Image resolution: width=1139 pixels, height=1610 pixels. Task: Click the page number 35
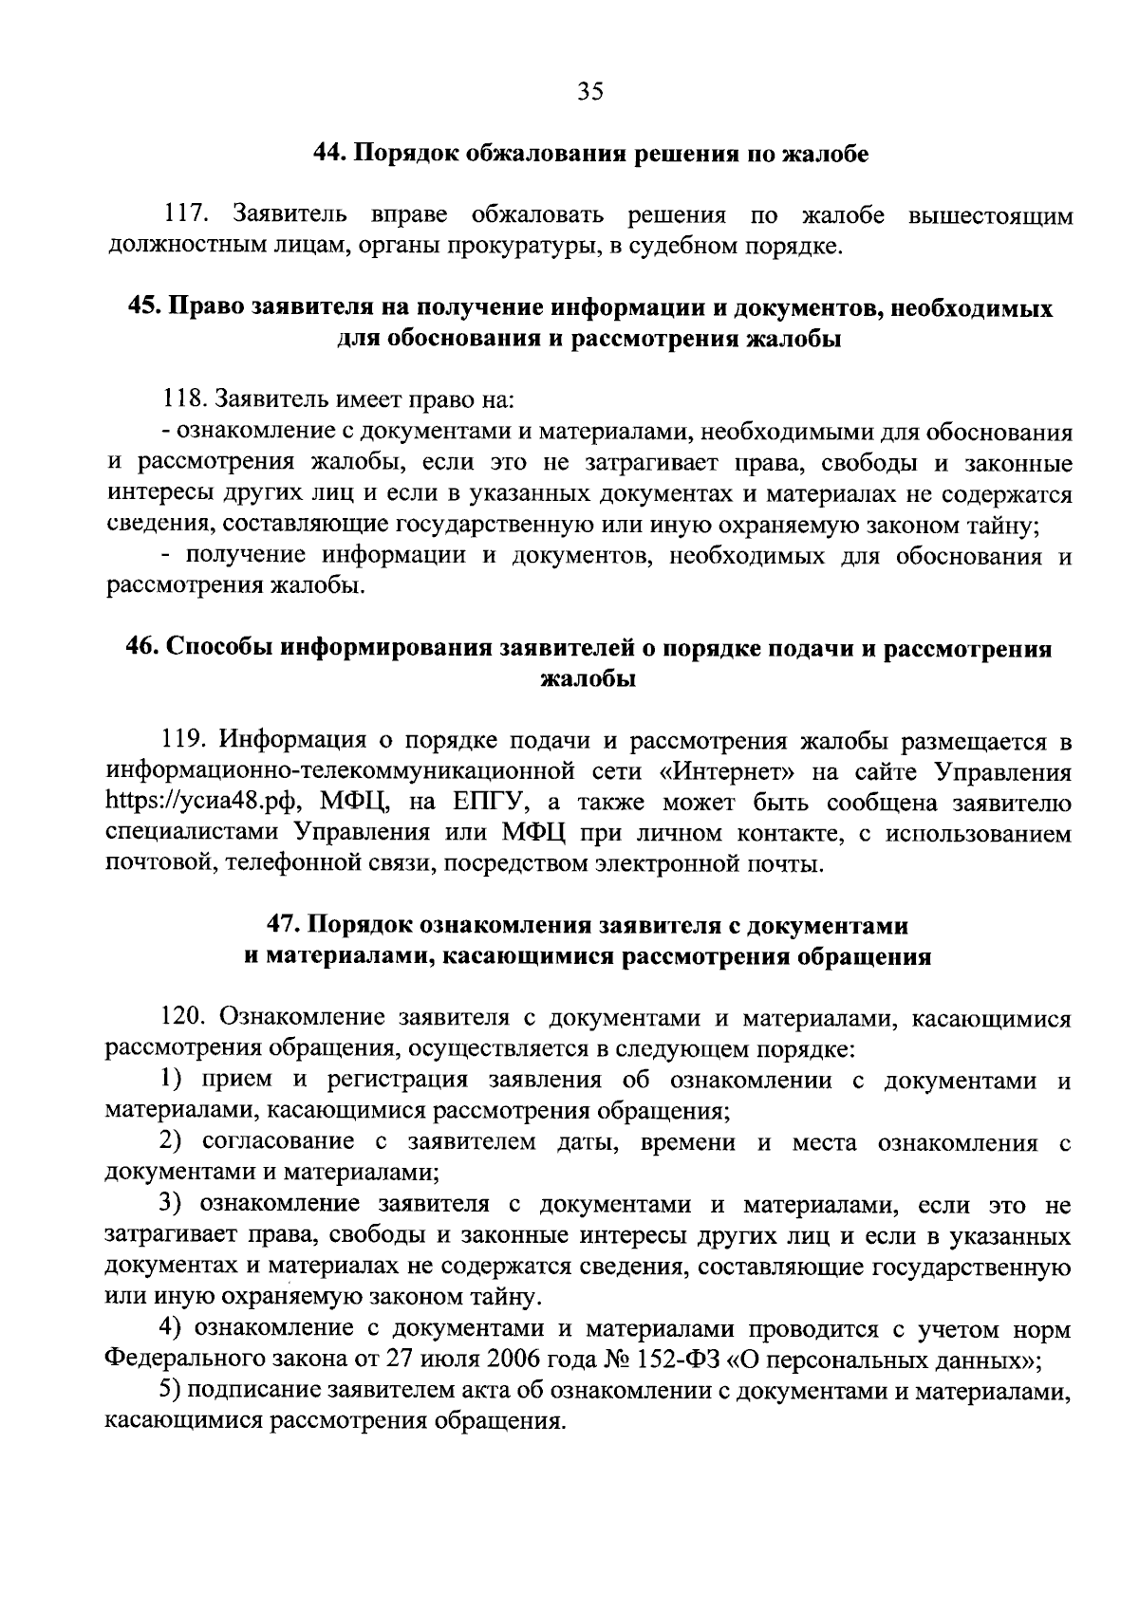589,91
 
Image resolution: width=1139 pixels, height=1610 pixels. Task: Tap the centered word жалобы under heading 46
588,680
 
